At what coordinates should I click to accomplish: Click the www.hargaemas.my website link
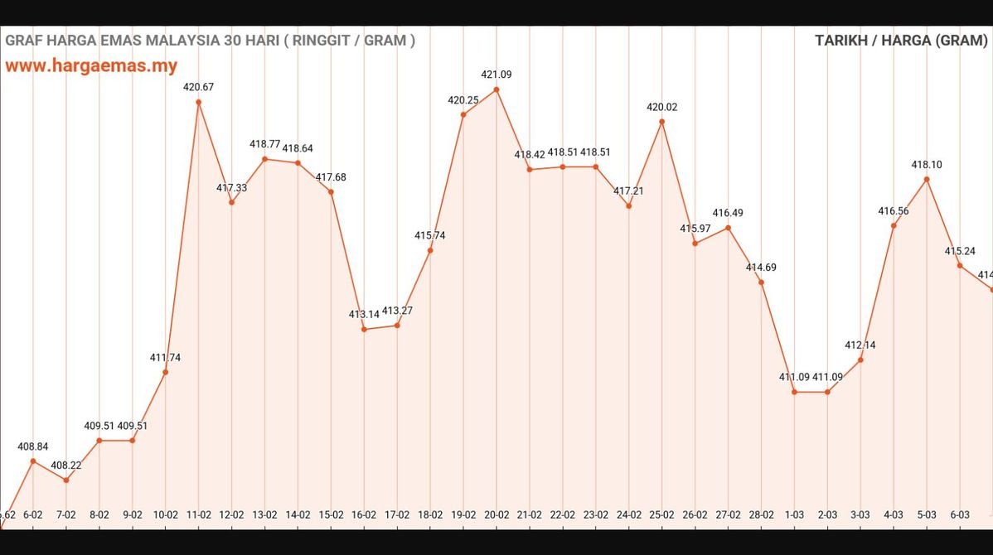[91, 66]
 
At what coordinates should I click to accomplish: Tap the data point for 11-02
[199, 102]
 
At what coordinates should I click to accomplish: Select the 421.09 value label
[496, 75]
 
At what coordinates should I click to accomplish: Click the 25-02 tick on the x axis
[662, 514]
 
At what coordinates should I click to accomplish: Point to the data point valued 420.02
[662, 122]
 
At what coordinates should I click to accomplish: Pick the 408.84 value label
[33, 446]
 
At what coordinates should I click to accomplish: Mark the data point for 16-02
[364, 329]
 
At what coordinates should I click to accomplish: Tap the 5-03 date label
[927, 514]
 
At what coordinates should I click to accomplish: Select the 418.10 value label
[927, 165]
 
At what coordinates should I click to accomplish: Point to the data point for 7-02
[66, 480]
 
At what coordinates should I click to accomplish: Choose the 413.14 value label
[364, 315]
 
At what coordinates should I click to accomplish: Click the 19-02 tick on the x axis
[463, 514]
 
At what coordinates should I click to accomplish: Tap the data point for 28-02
[761, 282]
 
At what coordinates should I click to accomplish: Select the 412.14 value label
[860, 345]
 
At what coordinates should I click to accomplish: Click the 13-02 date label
[264, 514]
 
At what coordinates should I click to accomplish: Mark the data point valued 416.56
[894, 225]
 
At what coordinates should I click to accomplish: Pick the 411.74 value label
[166, 358]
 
